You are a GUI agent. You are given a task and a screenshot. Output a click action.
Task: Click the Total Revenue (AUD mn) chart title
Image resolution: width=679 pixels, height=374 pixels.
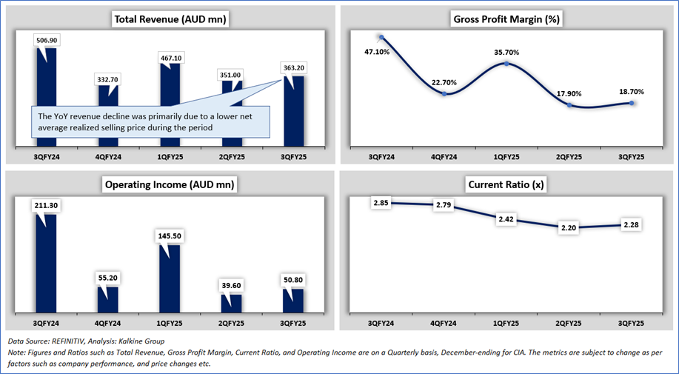click(x=170, y=19)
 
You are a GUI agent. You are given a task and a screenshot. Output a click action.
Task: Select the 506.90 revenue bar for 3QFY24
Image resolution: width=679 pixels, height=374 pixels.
click(x=46, y=96)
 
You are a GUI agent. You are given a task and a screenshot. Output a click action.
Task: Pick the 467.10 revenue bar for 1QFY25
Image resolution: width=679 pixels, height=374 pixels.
click(x=170, y=104)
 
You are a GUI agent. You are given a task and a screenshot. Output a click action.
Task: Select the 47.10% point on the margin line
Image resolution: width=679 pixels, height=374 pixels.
click(x=381, y=37)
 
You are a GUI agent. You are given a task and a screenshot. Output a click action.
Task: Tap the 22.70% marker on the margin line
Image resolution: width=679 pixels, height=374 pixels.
click(x=444, y=93)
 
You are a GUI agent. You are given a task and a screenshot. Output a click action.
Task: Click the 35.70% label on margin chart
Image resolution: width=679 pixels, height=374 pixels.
click(x=506, y=53)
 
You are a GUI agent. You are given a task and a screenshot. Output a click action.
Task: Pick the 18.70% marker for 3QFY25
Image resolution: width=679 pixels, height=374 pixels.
click(x=632, y=103)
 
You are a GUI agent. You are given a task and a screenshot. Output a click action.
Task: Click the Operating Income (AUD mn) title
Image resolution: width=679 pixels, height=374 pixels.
click(x=170, y=184)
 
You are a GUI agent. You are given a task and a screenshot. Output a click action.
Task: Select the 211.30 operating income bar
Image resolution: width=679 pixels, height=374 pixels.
click(x=46, y=259)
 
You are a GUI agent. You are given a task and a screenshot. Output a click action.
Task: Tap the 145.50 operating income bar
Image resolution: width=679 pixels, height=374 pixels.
click(x=170, y=278)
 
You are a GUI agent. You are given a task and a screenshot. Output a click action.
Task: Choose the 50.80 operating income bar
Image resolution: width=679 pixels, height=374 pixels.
click(x=294, y=300)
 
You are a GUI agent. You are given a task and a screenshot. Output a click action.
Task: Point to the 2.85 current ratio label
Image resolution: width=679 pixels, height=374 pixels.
click(x=381, y=202)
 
